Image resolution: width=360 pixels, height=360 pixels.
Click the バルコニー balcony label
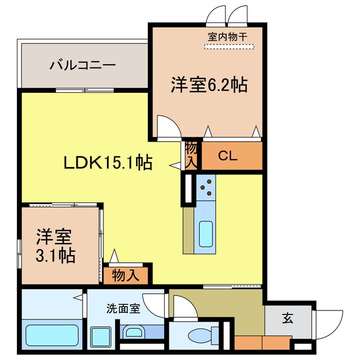click(82, 65)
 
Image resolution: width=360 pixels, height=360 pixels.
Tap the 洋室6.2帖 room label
click(209, 85)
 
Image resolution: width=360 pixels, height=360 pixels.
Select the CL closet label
click(228, 156)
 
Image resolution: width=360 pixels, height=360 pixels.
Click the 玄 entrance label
click(287, 319)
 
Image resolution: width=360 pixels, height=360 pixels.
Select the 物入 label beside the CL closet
click(191, 155)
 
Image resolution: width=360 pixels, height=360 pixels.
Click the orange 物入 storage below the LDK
click(125, 276)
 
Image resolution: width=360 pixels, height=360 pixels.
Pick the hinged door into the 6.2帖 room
click(168, 127)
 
